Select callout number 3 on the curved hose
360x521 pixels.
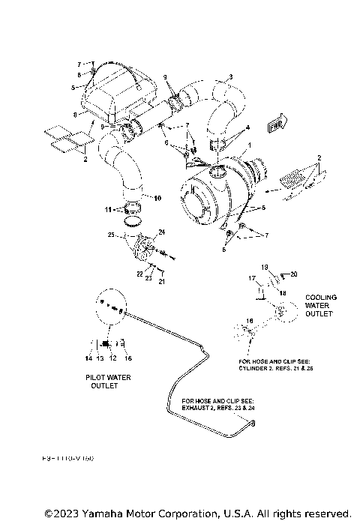pos(230,76)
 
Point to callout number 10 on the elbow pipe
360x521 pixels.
pos(157,198)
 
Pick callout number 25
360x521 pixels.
pos(110,236)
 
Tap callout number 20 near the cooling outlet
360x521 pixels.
pos(295,274)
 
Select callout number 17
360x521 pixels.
pos(252,278)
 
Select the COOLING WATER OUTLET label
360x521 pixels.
pos(321,306)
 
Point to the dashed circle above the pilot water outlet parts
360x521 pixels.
pos(110,305)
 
